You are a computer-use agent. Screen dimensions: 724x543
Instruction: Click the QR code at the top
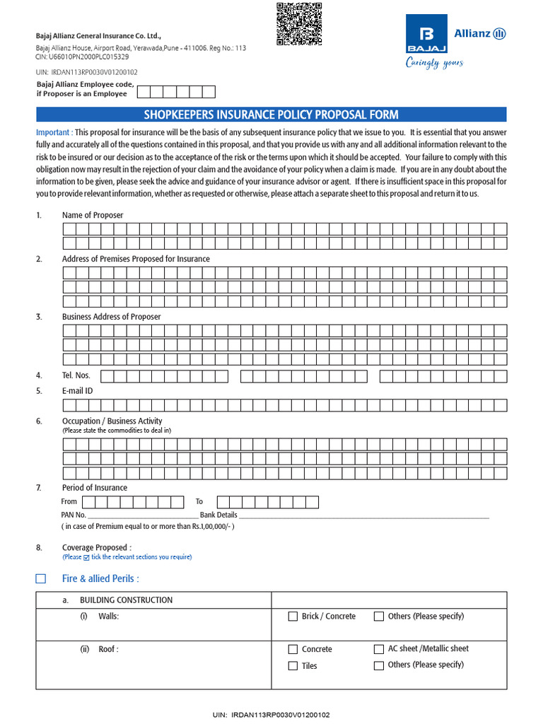[298, 23]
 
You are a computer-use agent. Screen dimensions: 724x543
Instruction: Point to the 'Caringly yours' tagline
[434, 63]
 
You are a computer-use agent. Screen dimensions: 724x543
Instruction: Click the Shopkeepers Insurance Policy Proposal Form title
[271, 115]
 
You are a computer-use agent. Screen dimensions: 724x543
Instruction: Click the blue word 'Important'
[54, 132]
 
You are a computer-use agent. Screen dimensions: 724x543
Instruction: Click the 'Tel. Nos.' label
[76, 375]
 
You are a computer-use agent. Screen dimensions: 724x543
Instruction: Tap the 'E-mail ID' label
[78, 390]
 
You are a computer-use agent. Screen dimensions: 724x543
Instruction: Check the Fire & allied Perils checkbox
[41, 578]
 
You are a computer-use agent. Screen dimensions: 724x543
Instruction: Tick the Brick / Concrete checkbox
[293, 617]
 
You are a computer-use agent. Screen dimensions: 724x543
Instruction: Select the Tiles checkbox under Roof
[293, 666]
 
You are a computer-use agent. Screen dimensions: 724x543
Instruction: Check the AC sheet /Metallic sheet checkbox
[379, 649]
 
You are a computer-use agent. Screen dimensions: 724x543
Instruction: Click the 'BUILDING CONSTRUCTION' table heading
[126, 600]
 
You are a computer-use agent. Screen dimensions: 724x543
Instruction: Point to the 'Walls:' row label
[109, 617]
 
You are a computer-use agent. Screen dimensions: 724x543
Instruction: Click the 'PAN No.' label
[74, 515]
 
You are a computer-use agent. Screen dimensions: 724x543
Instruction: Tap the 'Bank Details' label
[218, 515]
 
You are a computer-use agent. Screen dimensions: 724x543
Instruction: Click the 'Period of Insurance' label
[95, 488]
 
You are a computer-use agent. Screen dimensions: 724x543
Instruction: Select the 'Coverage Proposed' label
[96, 547]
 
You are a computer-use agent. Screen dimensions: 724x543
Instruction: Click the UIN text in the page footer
[271, 715]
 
